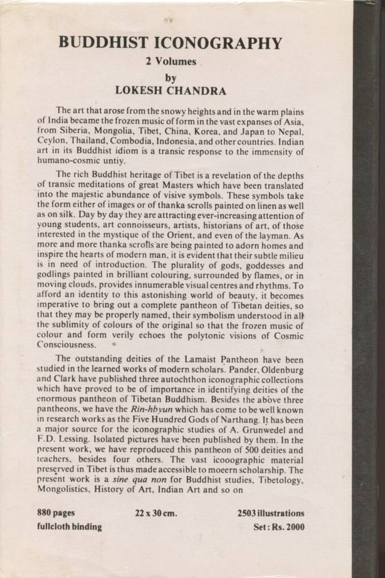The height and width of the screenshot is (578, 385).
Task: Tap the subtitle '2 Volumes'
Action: [x=170, y=62]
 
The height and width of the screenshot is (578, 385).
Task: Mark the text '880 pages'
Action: [x=56, y=514]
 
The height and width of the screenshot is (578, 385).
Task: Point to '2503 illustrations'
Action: [x=271, y=514]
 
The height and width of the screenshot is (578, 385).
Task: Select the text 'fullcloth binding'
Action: [x=69, y=527]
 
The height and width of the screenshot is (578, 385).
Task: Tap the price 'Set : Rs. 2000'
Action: [x=279, y=527]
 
